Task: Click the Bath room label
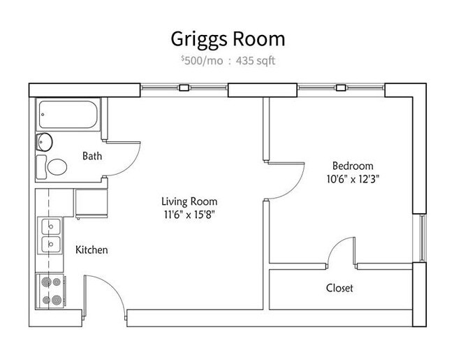pyautogui.click(x=91, y=156)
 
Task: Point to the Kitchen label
pyautogui.click(x=91, y=250)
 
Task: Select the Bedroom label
pyautogui.click(x=353, y=166)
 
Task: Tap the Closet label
pyautogui.click(x=339, y=288)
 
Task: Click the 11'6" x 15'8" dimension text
pyautogui.click(x=185, y=215)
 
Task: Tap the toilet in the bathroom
pyautogui.click(x=53, y=166)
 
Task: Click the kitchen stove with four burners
pyautogui.click(x=50, y=291)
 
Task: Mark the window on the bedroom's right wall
pyautogui.click(x=421, y=237)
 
